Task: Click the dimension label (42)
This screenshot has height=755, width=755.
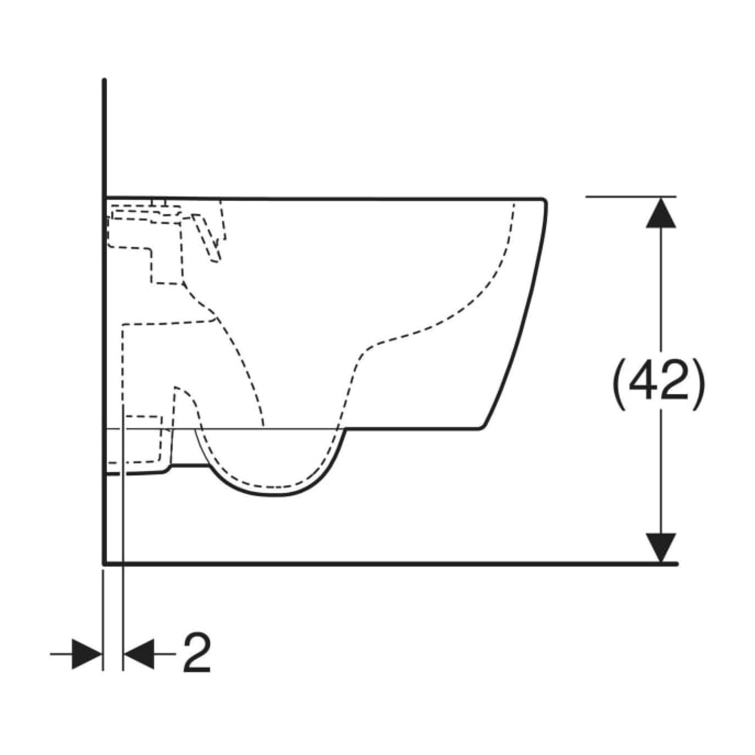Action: point(658,385)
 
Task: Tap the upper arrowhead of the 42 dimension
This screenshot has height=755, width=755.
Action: point(660,213)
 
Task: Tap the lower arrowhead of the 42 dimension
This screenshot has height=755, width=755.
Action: point(660,548)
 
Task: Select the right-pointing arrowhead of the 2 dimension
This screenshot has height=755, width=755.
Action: point(87,654)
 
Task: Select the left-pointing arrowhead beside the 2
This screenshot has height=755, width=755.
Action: point(139,654)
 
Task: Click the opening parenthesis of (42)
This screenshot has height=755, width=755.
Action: point(618,385)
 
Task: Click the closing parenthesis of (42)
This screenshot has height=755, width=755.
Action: point(699,385)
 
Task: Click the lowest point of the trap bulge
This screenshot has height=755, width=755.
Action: point(274,496)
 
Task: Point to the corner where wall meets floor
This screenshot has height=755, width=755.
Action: point(104,564)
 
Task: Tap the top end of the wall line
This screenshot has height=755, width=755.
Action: point(104,80)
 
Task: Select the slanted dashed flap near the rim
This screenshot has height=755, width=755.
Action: point(207,238)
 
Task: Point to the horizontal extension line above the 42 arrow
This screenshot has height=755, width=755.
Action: point(631,197)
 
